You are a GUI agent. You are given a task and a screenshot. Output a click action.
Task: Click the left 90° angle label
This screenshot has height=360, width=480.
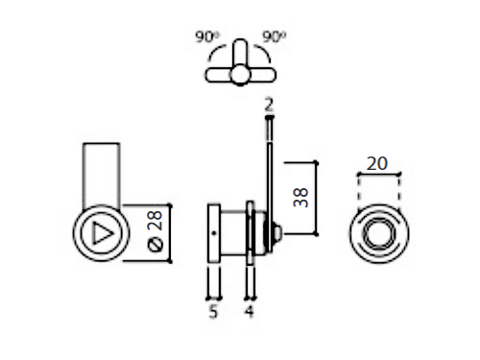coord(207,36)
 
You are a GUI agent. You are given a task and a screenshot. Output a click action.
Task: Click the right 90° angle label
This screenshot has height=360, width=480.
coord(275,36)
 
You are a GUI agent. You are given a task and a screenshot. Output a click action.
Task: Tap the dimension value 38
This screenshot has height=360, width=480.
coord(300,198)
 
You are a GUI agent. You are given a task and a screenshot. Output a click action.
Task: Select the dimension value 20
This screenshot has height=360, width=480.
coord(377,163)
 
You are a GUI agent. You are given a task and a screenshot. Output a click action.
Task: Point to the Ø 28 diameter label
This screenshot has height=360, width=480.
coord(155,231)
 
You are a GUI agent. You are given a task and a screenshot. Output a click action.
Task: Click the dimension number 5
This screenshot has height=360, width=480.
coord(213,311)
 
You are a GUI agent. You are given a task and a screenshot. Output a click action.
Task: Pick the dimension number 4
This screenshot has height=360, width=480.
coord(250,311)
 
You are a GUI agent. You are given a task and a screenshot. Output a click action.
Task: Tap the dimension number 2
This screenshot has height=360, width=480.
coord(269,105)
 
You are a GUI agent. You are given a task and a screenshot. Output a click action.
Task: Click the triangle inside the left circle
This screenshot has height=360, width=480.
coord(102,233)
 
